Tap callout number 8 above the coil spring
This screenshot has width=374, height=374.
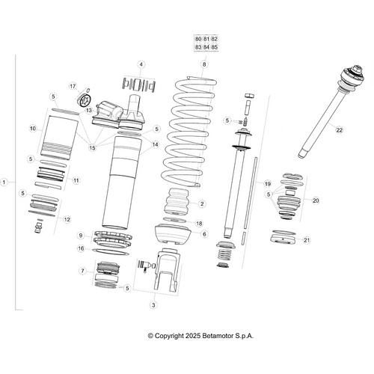pyautogui.click(x=203, y=65)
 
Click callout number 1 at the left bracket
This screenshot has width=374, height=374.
pyautogui.click(x=5, y=182)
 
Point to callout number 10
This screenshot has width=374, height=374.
pyautogui.click(x=33, y=129)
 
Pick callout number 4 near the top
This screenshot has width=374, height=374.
pyautogui.click(x=141, y=65)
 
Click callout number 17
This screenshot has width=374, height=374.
pyautogui.click(x=73, y=86)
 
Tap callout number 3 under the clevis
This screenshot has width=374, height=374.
pyautogui.click(x=153, y=305)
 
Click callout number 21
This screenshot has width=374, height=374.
pyautogui.click(x=315, y=240)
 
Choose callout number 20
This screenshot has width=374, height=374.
pyautogui.click(x=315, y=200)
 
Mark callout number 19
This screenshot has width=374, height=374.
pyautogui.click(x=267, y=183)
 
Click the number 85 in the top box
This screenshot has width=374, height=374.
pyautogui.click(x=214, y=47)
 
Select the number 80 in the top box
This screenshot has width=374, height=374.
pyautogui.click(x=197, y=38)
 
